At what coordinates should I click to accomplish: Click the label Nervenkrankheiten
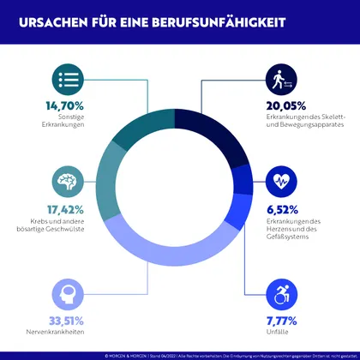click(x=72, y=333)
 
